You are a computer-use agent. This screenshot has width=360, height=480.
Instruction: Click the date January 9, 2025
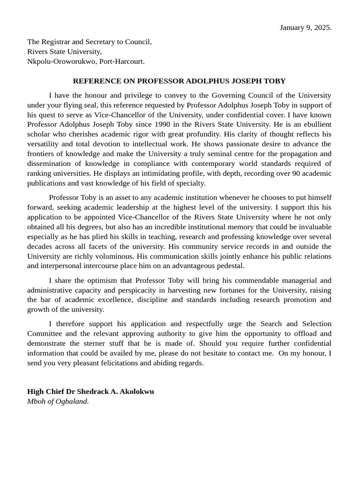pos(306,27)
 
